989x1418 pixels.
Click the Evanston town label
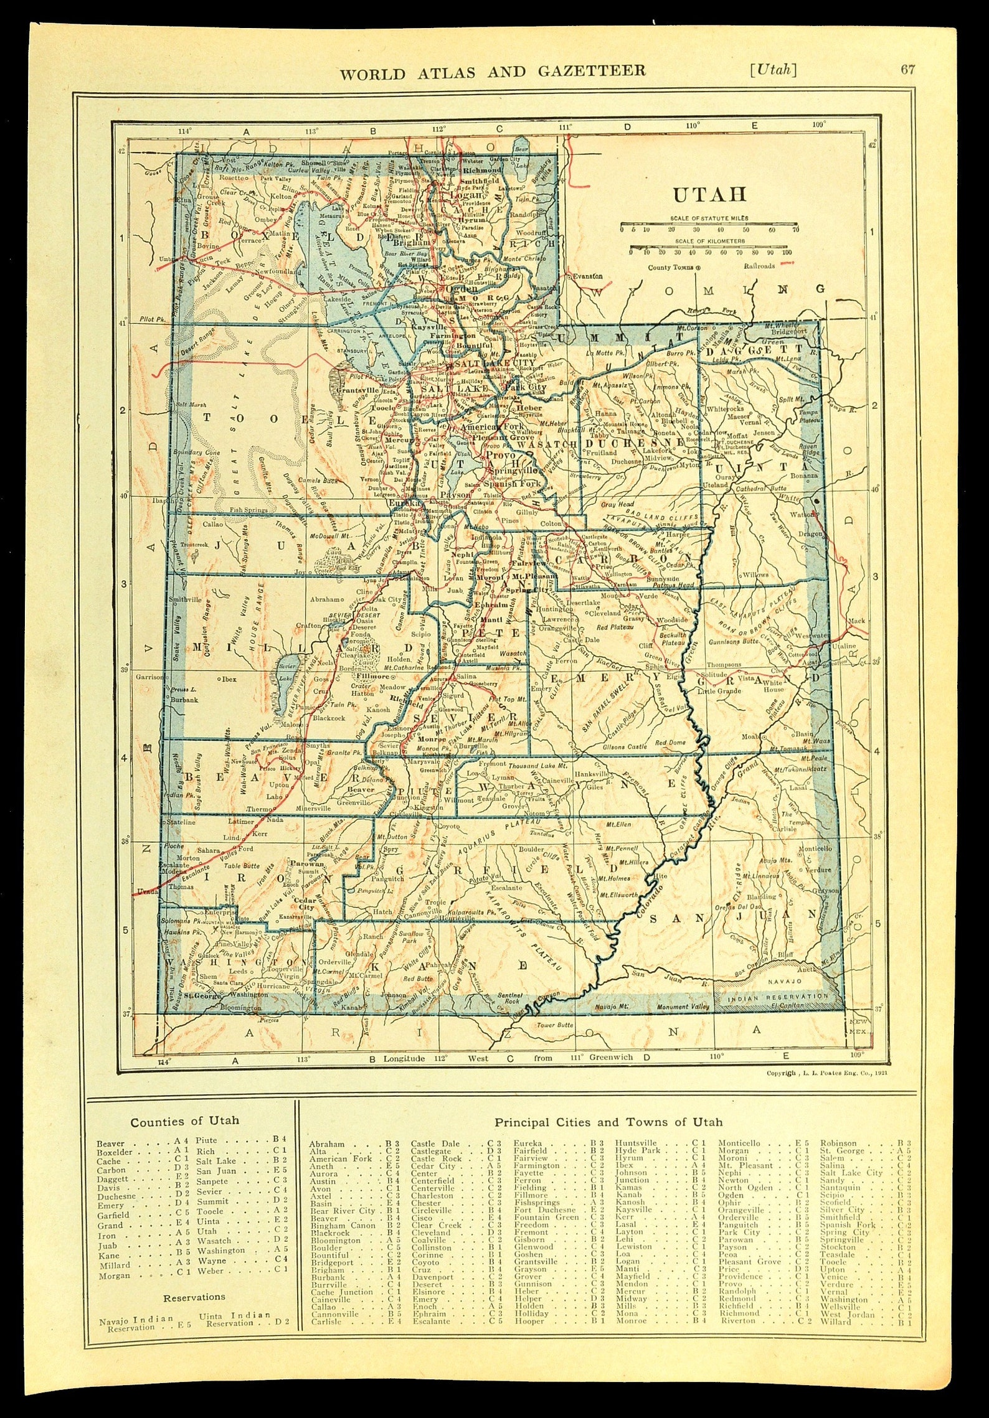[x=588, y=275]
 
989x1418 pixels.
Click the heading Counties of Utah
[x=184, y=1121]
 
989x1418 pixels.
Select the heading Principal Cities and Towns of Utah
[x=608, y=1122]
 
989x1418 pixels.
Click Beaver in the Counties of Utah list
[x=111, y=1143]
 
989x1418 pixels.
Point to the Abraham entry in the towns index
[x=326, y=1143]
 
